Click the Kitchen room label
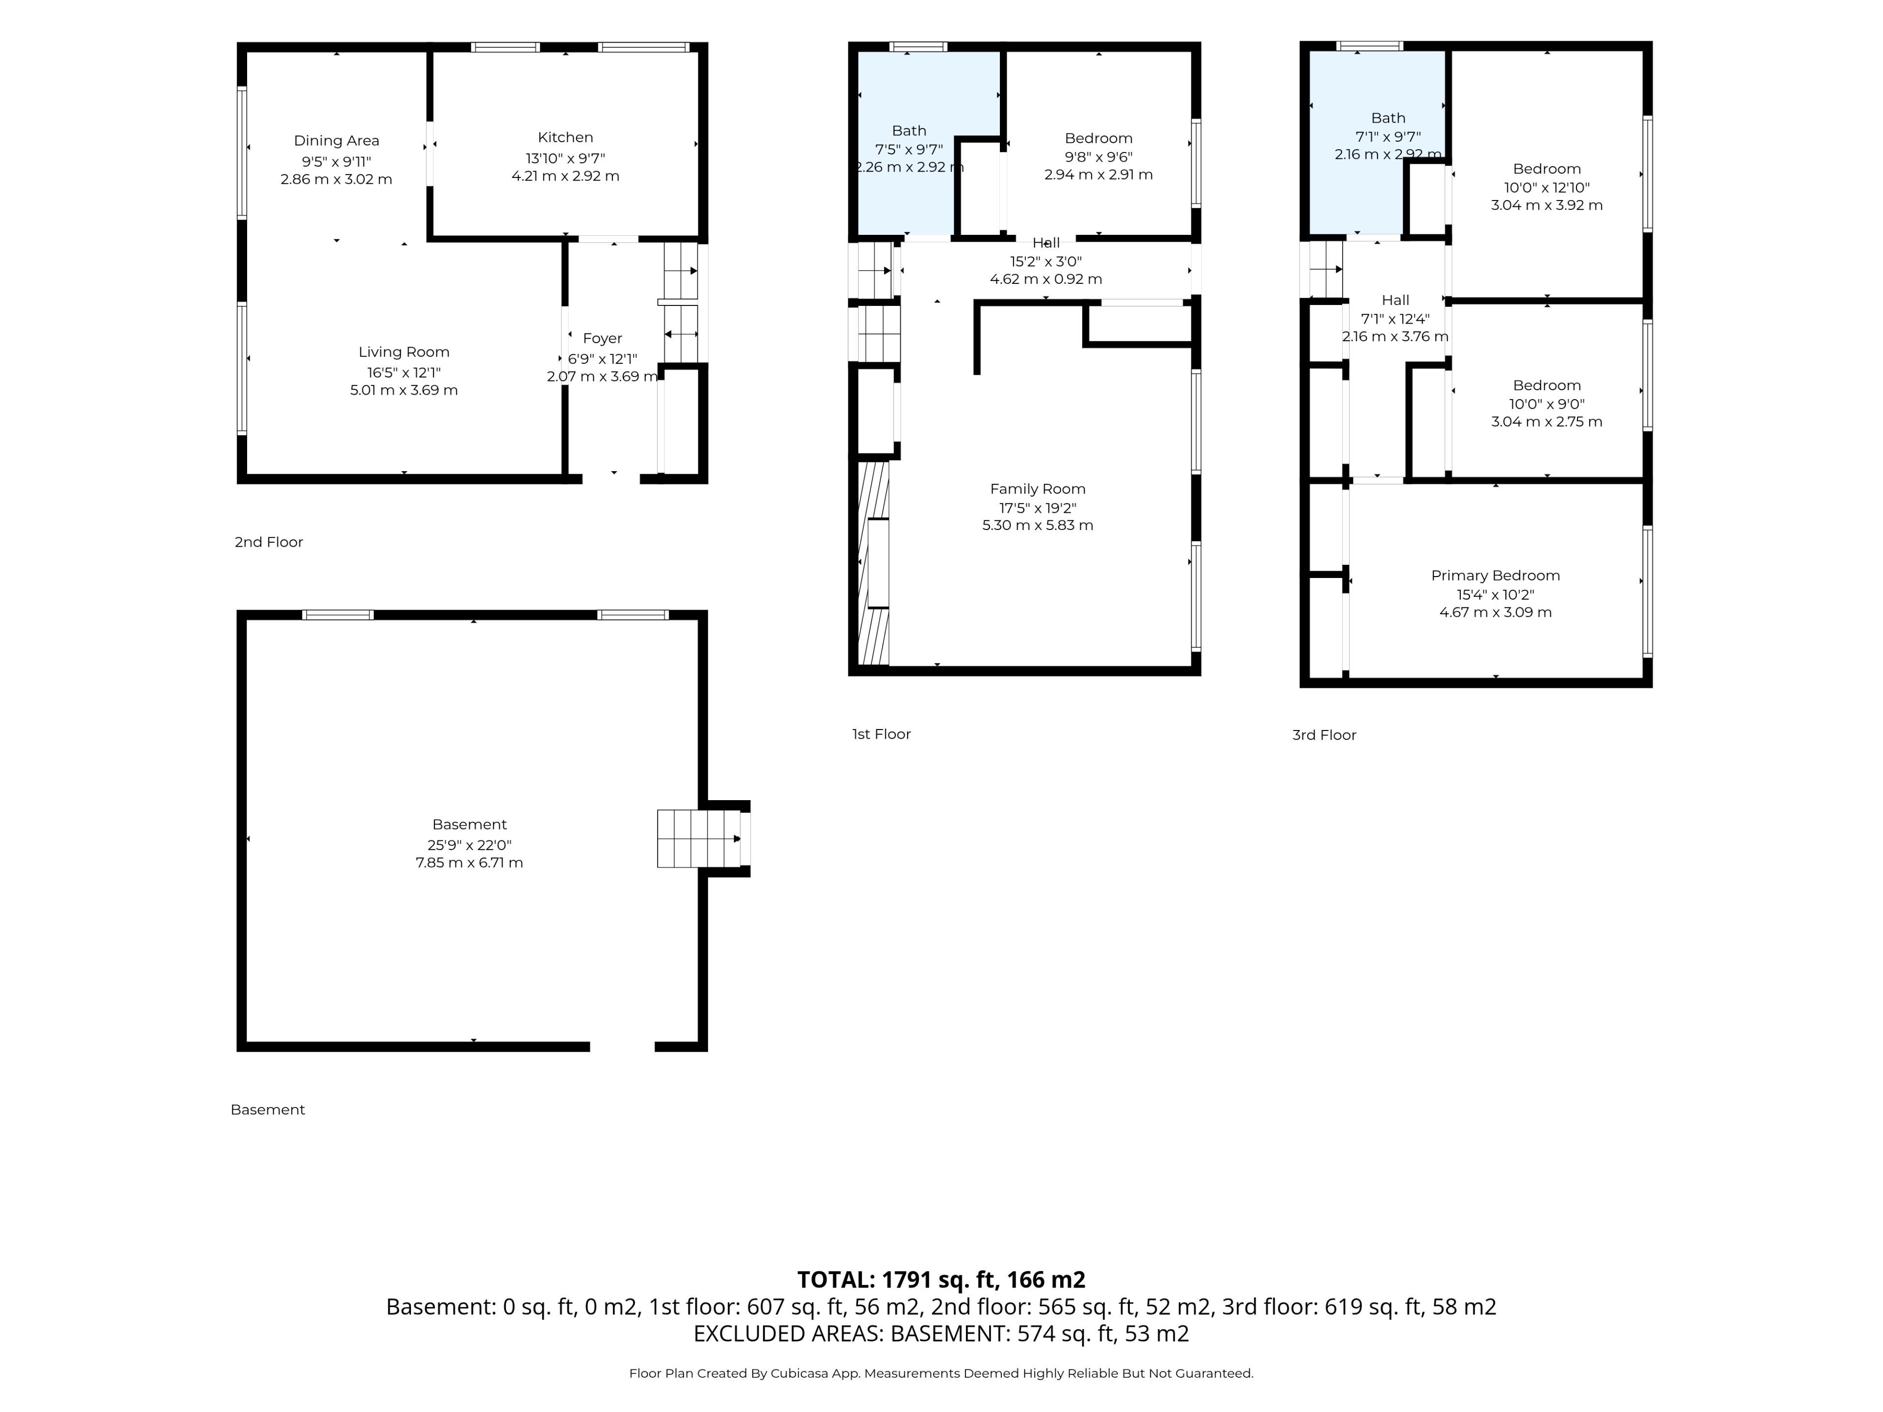(565, 137)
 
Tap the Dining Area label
(336, 140)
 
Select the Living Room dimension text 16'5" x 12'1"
(404, 372)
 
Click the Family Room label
(1038, 488)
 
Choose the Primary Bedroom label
(1496, 576)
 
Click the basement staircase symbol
(698, 838)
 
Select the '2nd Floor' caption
(269, 542)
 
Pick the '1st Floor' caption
(881, 733)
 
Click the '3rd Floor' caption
(1323, 734)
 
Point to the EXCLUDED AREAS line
(941, 1334)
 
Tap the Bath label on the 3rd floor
(1388, 118)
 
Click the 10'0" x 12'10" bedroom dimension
(1547, 187)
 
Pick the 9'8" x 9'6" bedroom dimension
(1098, 156)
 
